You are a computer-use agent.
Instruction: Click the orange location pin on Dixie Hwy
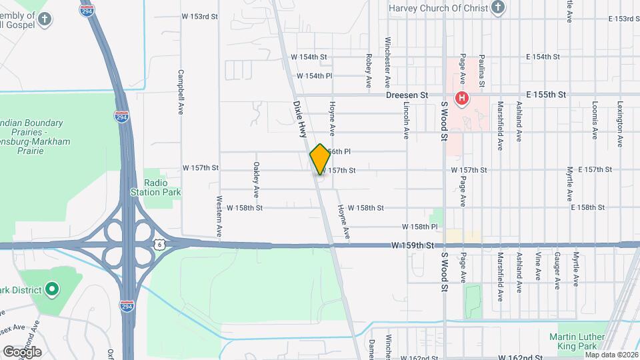click(x=320, y=159)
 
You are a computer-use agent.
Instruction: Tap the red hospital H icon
click(x=461, y=99)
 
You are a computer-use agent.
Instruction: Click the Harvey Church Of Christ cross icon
click(x=497, y=8)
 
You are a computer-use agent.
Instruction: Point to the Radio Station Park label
click(x=162, y=187)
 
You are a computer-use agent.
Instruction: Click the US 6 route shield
click(x=159, y=245)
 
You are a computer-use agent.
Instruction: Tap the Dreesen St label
click(x=407, y=95)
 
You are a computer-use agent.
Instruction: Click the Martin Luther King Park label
click(x=577, y=341)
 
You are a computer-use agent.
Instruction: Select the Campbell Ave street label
click(x=180, y=91)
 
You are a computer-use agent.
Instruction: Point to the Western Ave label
click(x=219, y=217)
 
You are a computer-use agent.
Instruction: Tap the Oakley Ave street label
click(x=256, y=179)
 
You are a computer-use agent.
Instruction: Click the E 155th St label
click(x=545, y=95)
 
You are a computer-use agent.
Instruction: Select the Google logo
click(x=22, y=351)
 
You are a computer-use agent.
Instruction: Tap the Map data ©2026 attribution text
click(x=611, y=355)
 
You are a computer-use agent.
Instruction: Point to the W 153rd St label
click(x=200, y=16)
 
